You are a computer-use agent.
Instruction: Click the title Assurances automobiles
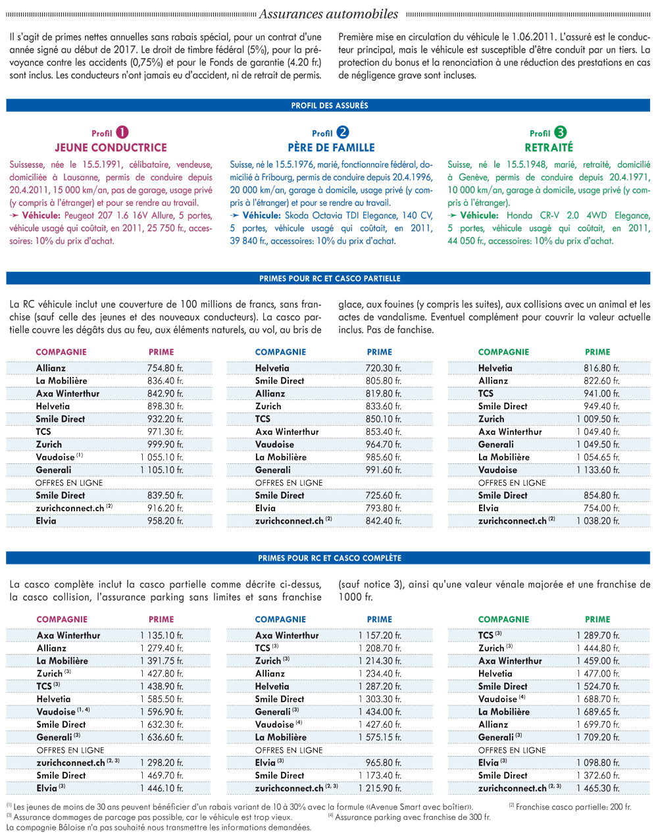(x=328, y=14)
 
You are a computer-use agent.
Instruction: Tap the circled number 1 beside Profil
(x=122, y=132)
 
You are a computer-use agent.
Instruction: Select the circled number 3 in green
(x=560, y=132)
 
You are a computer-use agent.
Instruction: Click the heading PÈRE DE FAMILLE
(x=332, y=147)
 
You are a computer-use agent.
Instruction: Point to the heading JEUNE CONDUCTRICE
(x=111, y=147)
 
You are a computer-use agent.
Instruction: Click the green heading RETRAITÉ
(x=549, y=147)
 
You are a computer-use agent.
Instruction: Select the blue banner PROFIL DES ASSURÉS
(x=328, y=105)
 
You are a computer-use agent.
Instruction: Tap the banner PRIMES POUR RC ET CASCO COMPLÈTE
(x=328, y=558)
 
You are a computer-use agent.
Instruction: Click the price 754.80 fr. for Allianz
(x=165, y=368)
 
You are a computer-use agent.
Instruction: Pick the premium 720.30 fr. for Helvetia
(x=384, y=368)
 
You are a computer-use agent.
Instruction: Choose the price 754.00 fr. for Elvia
(x=602, y=508)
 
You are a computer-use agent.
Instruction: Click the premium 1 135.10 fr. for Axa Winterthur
(x=162, y=636)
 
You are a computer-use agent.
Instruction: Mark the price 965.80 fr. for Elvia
(x=384, y=763)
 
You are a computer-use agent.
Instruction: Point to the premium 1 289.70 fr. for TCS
(x=598, y=636)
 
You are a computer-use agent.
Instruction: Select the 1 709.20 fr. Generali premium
(x=598, y=738)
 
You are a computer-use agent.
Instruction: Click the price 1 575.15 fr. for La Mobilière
(x=380, y=738)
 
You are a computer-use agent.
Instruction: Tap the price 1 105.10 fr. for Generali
(x=162, y=470)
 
